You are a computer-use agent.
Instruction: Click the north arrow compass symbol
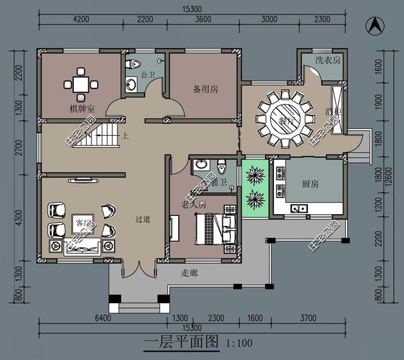[x=375, y=26]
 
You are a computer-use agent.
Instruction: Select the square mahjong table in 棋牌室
[x=81, y=83]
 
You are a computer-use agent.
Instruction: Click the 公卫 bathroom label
[x=148, y=75]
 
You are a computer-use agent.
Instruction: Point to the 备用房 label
[x=206, y=89]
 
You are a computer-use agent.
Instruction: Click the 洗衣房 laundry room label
[x=328, y=60]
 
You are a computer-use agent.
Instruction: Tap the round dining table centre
[x=283, y=117]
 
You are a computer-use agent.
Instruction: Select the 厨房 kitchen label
[x=310, y=184]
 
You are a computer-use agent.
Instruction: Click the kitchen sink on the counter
[x=299, y=207]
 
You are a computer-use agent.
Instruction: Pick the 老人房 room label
[x=194, y=205]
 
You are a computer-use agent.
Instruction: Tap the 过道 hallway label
[x=143, y=220]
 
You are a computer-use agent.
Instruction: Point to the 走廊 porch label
[x=189, y=273]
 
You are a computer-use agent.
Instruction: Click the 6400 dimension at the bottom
[x=103, y=318]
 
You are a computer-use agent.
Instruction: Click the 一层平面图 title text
[x=181, y=343]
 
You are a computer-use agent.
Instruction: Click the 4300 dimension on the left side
[x=18, y=218]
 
